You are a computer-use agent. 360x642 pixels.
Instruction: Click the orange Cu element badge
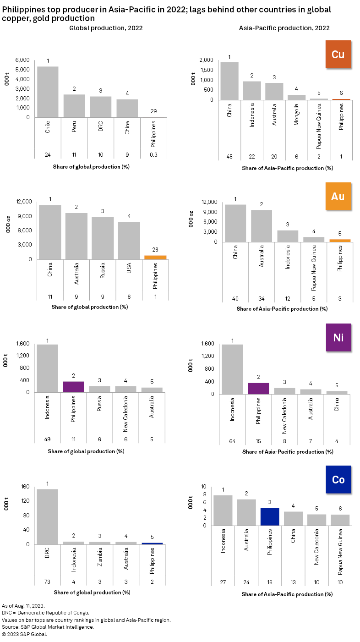click(x=338, y=55)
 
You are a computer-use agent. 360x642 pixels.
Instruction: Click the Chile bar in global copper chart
click(x=48, y=92)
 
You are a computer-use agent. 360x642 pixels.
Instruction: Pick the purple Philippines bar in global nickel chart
click(x=74, y=387)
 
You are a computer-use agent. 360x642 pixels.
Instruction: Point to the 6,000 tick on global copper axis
click(x=22, y=60)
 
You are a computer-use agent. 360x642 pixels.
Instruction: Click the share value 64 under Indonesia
click(x=232, y=442)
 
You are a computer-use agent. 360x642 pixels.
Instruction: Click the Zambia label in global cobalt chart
click(x=100, y=556)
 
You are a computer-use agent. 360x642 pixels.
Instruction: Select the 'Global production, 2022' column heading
click(x=106, y=28)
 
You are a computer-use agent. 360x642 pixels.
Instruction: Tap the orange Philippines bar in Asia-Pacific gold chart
click(x=339, y=241)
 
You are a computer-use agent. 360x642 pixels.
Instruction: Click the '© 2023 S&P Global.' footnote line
click(x=25, y=635)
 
